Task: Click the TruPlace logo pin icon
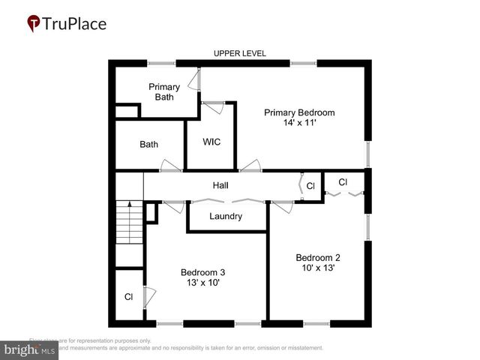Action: coord(34,23)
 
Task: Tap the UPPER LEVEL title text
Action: coord(240,53)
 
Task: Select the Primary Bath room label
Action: coord(163,91)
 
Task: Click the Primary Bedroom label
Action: coord(298,112)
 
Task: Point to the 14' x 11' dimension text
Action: coord(298,123)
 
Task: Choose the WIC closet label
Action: coord(211,142)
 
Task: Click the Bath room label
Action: coord(148,144)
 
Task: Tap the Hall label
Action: coord(220,185)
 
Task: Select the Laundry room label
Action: coord(226,216)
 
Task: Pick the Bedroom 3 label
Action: coord(202,272)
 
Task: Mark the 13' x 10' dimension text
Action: coord(202,283)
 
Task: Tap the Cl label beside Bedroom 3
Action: coord(128,297)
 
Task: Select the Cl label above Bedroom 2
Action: coord(343,182)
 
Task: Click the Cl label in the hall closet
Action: coord(310,185)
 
